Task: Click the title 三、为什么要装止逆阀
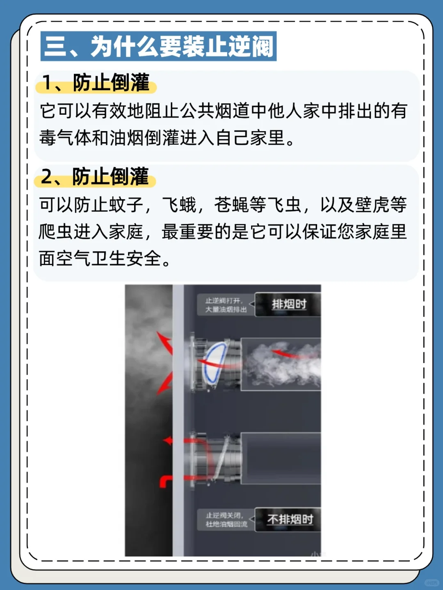[x=158, y=46]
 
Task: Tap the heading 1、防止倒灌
[x=96, y=83]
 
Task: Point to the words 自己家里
[x=250, y=138]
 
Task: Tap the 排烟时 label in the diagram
[x=289, y=304]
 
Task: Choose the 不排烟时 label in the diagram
[x=290, y=520]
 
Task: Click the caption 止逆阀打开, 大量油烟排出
[x=226, y=305]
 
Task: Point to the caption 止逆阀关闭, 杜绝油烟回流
[x=226, y=520]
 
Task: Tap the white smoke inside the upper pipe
[x=283, y=365]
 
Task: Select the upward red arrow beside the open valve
[x=166, y=343]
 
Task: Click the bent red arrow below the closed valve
[x=165, y=481]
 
